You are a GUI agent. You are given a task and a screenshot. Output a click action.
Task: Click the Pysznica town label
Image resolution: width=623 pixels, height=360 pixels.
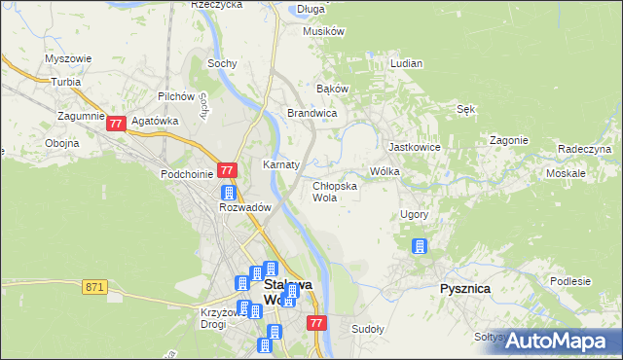pos(464,289)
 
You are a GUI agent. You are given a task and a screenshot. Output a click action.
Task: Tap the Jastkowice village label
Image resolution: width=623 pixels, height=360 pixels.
pos(416,147)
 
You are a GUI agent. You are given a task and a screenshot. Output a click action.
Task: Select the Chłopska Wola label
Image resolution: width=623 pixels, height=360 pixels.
pos(334,191)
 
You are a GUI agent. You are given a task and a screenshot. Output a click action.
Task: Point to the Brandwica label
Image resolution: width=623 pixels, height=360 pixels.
pos(311,114)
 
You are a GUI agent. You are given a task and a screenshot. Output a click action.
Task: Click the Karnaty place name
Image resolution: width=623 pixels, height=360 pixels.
pos(280,164)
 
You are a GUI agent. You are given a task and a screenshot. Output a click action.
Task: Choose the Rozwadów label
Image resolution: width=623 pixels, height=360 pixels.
pos(244,208)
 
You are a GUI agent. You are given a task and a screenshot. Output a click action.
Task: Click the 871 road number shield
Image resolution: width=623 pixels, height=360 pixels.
pos(94,287)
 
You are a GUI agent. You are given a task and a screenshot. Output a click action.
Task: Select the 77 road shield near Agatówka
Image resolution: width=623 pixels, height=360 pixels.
pos(117,124)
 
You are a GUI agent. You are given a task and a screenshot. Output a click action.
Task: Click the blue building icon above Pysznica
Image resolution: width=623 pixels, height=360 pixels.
pos(420,246)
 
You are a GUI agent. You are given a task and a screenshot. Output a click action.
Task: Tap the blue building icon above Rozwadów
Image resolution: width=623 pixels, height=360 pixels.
pos(229,193)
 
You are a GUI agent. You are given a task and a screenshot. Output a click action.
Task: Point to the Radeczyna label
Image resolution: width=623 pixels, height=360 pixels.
pos(584,149)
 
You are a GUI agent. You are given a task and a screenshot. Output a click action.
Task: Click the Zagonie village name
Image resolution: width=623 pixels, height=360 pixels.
pos(509,140)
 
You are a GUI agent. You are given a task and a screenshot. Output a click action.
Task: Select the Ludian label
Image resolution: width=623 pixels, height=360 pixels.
pos(406,63)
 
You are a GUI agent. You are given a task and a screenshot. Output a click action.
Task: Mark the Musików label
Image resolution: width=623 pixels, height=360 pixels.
pos(324,31)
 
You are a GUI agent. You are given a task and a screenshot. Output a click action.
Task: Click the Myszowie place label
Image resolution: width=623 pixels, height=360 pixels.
pos(68,58)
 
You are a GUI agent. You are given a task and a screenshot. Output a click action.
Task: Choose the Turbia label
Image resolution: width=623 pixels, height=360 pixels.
pos(65,82)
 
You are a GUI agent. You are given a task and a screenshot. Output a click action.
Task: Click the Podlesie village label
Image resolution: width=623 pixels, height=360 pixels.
pos(570,281)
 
